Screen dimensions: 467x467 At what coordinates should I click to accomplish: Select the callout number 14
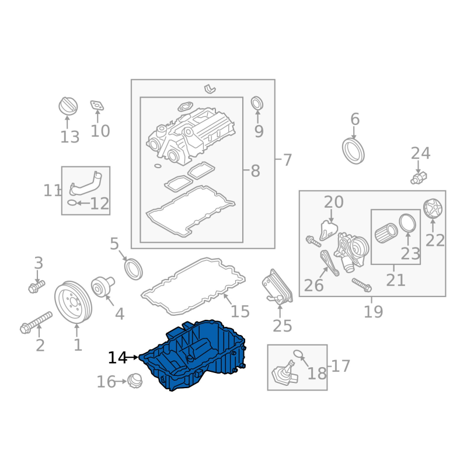pyautogui.click(x=117, y=358)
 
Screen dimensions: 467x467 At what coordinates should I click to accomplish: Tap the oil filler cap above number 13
pyautogui.click(x=68, y=106)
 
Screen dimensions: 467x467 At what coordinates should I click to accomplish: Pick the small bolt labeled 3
pyautogui.click(x=36, y=286)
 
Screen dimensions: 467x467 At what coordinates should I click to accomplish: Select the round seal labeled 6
pyautogui.click(x=354, y=150)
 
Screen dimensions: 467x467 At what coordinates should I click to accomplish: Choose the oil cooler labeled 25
pyautogui.click(x=277, y=287)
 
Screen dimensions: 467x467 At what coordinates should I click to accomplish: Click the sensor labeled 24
pyautogui.click(x=419, y=176)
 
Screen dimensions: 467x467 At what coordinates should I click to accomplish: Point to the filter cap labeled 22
pyautogui.click(x=433, y=209)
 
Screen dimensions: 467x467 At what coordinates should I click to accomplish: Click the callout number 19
pyautogui.click(x=373, y=312)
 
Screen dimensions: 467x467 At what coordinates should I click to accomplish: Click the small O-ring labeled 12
pyautogui.click(x=71, y=203)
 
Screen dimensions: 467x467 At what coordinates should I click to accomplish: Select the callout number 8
pyautogui.click(x=255, y=171)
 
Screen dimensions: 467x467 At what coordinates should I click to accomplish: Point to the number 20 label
pyautogui.click(x=334, y=202)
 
